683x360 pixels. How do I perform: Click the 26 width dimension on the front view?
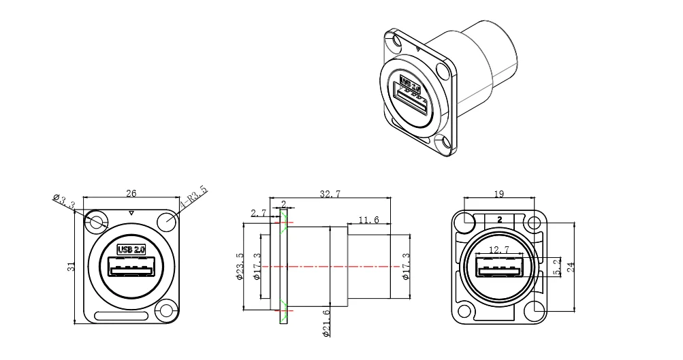[131, 193]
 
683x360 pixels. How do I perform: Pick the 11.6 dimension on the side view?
[368, 220]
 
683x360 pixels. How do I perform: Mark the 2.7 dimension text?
[259, 213]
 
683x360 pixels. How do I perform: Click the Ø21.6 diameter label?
[327, 323]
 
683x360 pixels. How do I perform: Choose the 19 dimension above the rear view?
[498, 194]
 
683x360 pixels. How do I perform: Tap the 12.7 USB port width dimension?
[499, 250]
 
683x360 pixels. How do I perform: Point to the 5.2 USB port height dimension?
[557, 267]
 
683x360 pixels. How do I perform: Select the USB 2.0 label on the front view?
[131, 249]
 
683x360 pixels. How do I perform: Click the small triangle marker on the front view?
[131, 214]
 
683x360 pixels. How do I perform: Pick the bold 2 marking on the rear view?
[500, 219]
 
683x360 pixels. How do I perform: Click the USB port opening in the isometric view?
[414, 102]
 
